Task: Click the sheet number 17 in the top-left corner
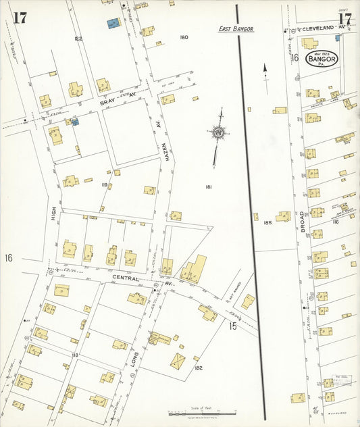click(20, 17)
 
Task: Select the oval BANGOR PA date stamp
click(322, 61)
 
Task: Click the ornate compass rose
click(218, 134)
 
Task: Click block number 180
click(184, 37)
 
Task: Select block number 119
click(105, 184)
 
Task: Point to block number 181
click(209, 186)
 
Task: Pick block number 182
click(199, 368)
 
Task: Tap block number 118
click(75, 355)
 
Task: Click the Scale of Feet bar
click(203, 411)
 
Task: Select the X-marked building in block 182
click(178, 360)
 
